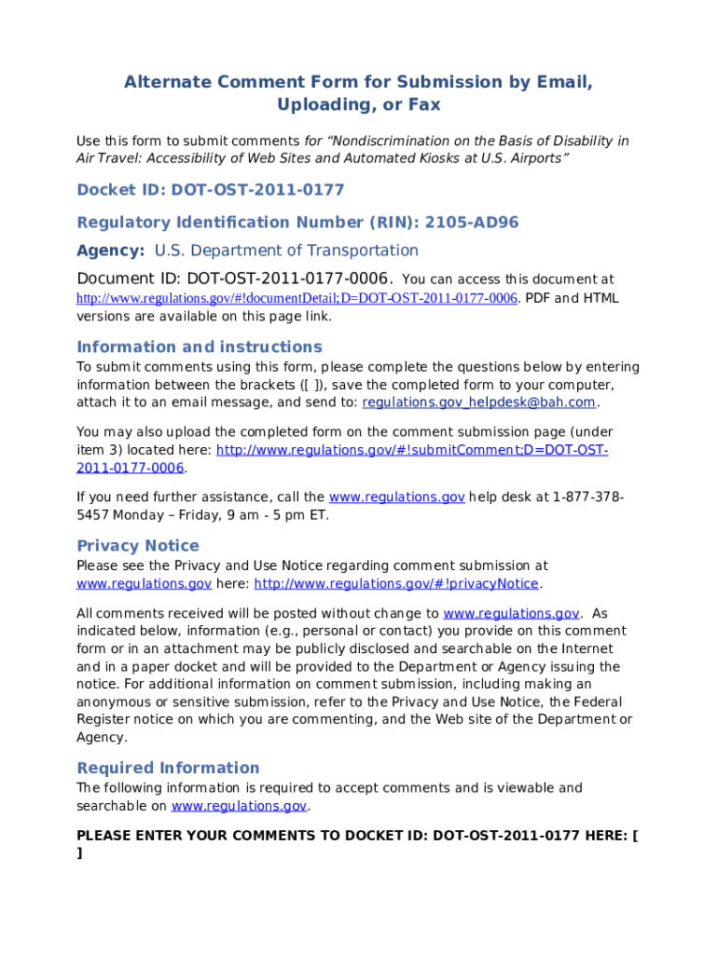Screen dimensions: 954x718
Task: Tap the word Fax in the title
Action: click(422, 105)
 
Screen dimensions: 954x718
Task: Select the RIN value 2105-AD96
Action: click(471, 222)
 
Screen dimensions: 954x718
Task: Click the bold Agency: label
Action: click(110, 251)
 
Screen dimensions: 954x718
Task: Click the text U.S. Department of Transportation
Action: click(286, 251)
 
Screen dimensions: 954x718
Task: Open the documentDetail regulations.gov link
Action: click(297, 298)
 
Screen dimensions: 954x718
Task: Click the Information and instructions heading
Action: click(199, 347)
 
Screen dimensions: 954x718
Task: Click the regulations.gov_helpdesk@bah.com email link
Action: click(478, 402)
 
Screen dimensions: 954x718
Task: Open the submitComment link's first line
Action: click(412, 450)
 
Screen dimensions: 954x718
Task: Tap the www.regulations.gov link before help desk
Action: click(397, 497)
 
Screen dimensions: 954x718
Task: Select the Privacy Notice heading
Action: click(137, 546)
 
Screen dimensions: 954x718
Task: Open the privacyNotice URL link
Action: click(396, 584)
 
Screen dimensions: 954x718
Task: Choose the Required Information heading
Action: click(168, 768)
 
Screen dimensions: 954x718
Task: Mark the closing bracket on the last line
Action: click(79, 853)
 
